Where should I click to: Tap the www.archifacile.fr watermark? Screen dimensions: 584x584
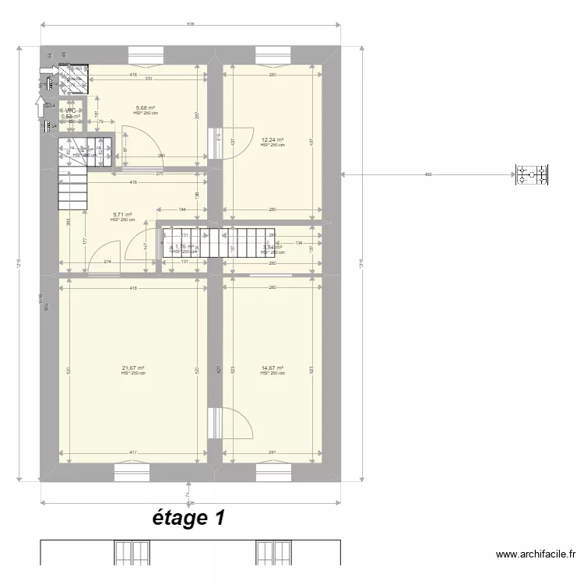(x=536, y=554)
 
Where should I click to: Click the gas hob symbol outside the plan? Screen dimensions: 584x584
(x=533, y=174)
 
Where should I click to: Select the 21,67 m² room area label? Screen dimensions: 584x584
(x=133, y=368)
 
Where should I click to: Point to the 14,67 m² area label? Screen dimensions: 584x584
(x=272, y=368)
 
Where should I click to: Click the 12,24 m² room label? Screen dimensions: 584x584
(x=272, y=140)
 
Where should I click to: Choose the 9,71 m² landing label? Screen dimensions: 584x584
(x=122, y=215)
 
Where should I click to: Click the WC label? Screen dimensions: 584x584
(x=70, y=111)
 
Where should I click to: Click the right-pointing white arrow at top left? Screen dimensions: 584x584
(x=47, y=71)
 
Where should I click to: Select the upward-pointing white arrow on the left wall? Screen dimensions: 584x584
(x=40, y=105)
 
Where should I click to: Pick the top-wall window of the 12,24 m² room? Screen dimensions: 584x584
(x=273, y=55)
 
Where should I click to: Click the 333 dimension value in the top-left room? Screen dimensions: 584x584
(x=148, y=79)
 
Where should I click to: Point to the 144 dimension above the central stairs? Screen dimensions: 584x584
(x=182, y=210)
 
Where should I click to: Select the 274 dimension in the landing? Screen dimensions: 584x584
(x=107, y=262)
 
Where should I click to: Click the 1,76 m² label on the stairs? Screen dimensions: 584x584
(x=184, y=247)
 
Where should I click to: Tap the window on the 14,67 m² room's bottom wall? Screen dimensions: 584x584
(x=273, y=472)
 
